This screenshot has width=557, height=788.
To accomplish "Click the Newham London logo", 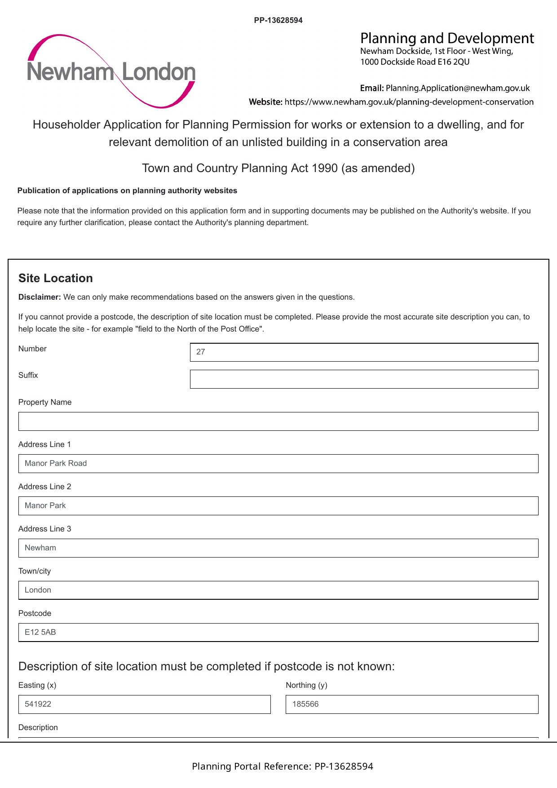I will click(x=111, y=71).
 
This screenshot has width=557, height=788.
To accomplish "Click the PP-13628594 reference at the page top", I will click(x=278, y=20).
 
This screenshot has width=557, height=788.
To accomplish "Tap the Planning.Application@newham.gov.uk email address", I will click(x=457, y=88).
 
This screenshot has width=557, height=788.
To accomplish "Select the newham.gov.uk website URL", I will click(x=409, y=102).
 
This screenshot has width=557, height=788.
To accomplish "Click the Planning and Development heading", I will click(x=447, y=38).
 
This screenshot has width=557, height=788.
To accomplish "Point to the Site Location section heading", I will click(x=56, y=278).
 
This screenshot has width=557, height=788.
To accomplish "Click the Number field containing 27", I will click(x=364, y=352).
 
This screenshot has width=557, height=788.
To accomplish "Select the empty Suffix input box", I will click(x=364, y=379).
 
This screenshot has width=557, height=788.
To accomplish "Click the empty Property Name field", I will click(x=278, y=421).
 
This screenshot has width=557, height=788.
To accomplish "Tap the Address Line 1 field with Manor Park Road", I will click(x=278, y=464).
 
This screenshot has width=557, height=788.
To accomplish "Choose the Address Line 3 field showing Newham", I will click(x=278, y=548).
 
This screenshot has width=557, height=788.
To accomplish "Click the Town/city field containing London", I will click(x=278, y=590).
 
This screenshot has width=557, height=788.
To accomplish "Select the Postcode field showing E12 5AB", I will click(x=278, y=633).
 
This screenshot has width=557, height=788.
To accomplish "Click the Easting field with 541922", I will click(x=144, y=704).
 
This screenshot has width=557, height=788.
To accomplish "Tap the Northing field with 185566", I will click(x=412, y=704).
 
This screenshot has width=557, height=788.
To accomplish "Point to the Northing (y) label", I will click(x=306, y=685).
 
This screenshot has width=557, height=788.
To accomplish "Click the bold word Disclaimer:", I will click(x=40, y=297).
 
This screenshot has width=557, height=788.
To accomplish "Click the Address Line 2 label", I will click(x=44, y=487).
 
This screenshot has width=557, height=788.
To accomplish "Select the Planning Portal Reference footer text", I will click(x=282, y=766).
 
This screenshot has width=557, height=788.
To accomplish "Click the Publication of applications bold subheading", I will click(x=127, y=190).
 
